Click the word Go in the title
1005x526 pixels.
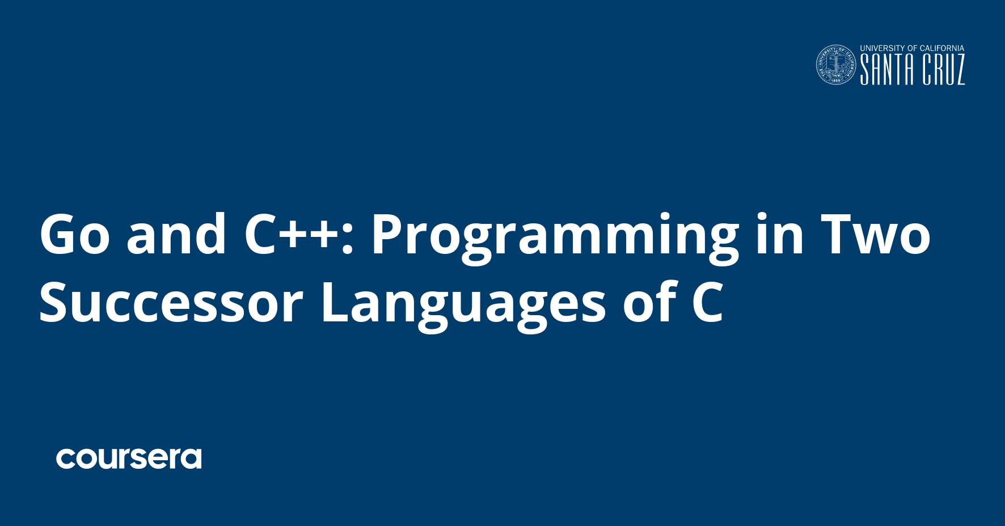74,234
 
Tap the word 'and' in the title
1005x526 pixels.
176,234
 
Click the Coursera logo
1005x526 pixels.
129,459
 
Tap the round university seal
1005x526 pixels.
836,65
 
